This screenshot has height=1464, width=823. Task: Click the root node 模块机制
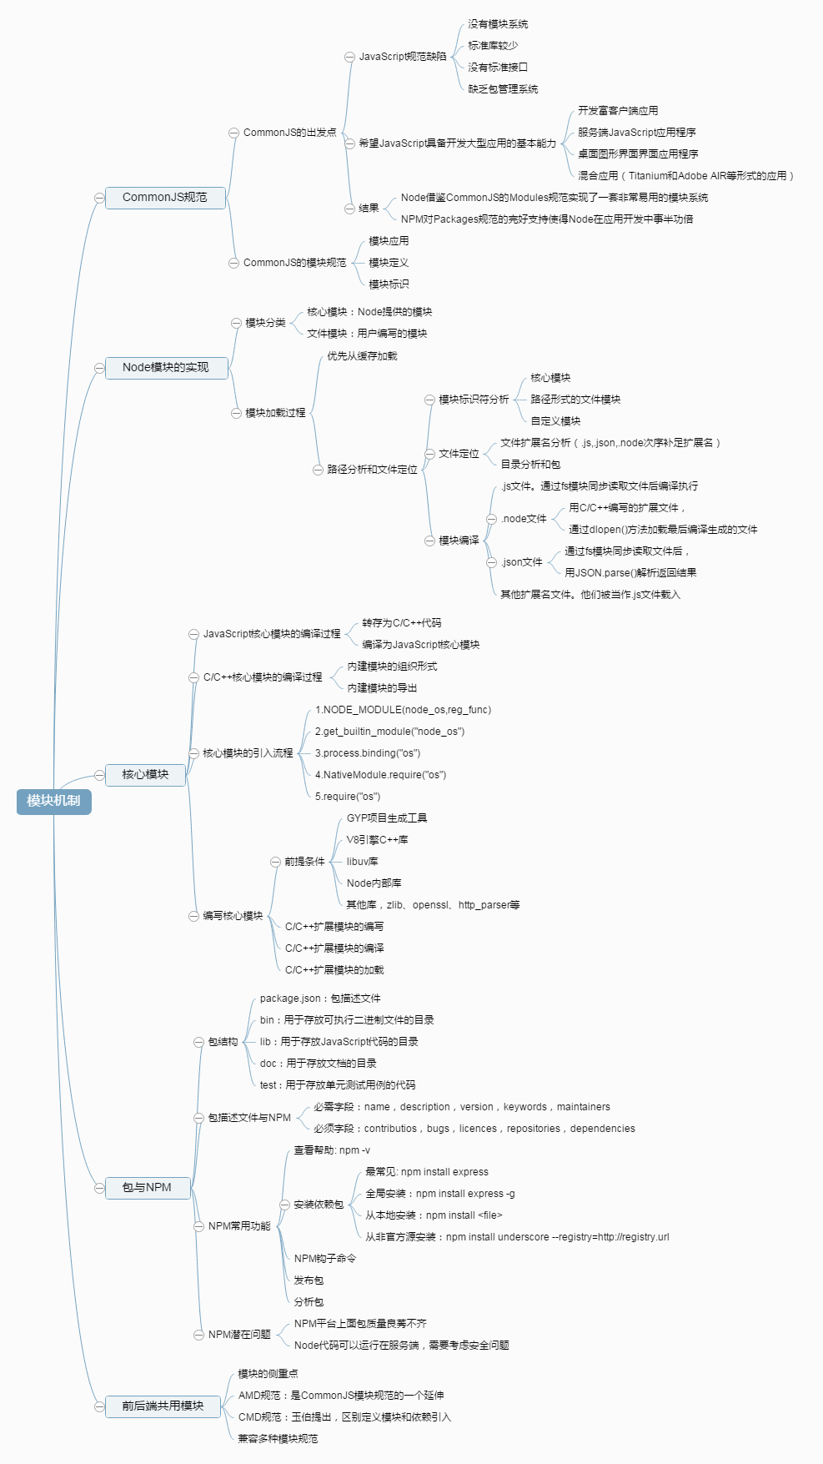coord(53,801)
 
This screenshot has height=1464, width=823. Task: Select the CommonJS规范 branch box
coord(165,198)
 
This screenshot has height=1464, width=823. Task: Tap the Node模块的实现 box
coord(166,368)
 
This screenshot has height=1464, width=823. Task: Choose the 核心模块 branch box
coord(145,775)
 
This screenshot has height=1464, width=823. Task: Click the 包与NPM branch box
coord(147,1188)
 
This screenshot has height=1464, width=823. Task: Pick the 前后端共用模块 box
coord(163,1406)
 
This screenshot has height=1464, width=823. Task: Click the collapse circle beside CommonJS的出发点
coord(234,133)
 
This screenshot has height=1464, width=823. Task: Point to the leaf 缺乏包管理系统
coord(503,89)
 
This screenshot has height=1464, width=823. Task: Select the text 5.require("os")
coord(348,797)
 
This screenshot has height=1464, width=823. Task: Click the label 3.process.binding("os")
coord(368,753)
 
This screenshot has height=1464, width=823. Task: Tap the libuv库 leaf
coord(363,862)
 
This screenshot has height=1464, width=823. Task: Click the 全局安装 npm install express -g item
coord(440,1194)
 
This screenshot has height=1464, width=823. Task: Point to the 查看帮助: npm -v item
coord(332,1150)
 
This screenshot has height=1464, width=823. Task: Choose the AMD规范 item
coord(341,1396)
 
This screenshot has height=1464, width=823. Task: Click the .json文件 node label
coord(522,562)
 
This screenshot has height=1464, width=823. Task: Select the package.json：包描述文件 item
coord(320,999)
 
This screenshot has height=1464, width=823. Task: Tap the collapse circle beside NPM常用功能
coord(199,1226)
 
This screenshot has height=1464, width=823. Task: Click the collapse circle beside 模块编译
coord(430,541)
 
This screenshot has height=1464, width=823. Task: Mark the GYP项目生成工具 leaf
coord(387,818)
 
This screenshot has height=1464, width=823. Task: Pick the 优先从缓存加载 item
coord(362,356)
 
